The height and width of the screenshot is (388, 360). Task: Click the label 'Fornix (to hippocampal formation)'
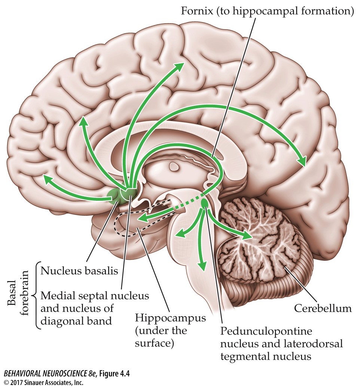point(267,10)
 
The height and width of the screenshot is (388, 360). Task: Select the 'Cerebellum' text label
point(323,309)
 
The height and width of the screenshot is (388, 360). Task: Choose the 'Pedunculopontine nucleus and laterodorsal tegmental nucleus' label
point(281,344)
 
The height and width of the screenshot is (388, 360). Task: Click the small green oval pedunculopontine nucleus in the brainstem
point(205,203)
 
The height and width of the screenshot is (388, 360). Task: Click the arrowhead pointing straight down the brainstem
point(202,266)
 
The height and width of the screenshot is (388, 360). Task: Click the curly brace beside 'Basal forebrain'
point(36,295)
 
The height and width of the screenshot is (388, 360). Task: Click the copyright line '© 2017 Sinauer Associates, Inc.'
point(43,382)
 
